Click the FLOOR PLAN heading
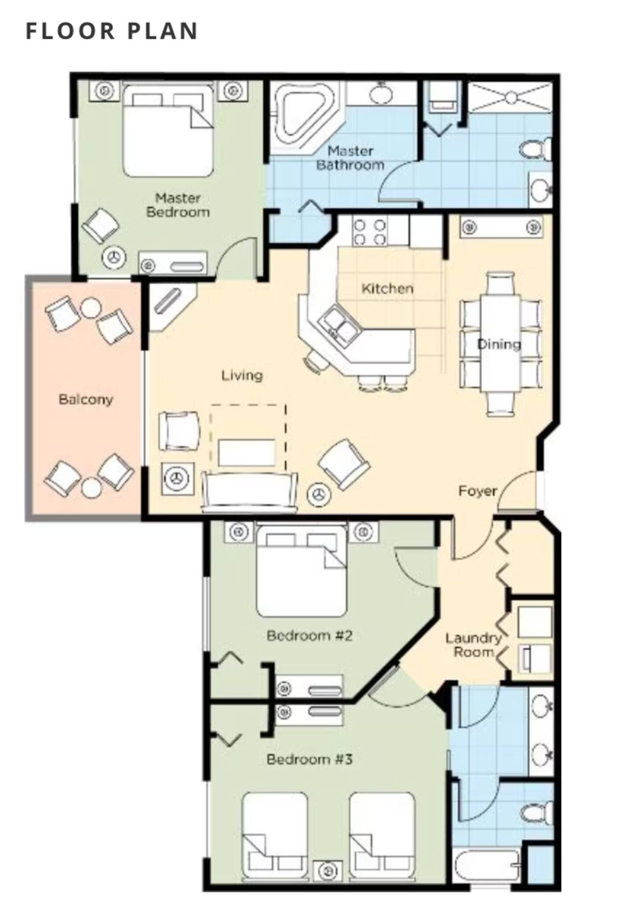coord(112,31)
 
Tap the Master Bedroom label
coord(178,205)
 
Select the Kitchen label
coord(387,289)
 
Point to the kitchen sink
coord(340,326)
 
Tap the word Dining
coord(499,344)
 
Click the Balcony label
coord(86,399)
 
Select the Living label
coord(242,375)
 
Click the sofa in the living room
coord(249,491)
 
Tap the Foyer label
coord(477,491)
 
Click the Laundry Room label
coord(473,645)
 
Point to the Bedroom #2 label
coord(310,635)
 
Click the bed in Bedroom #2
coord(302,570)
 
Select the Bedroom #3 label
coord(310,759)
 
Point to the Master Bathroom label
coord(350,158)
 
